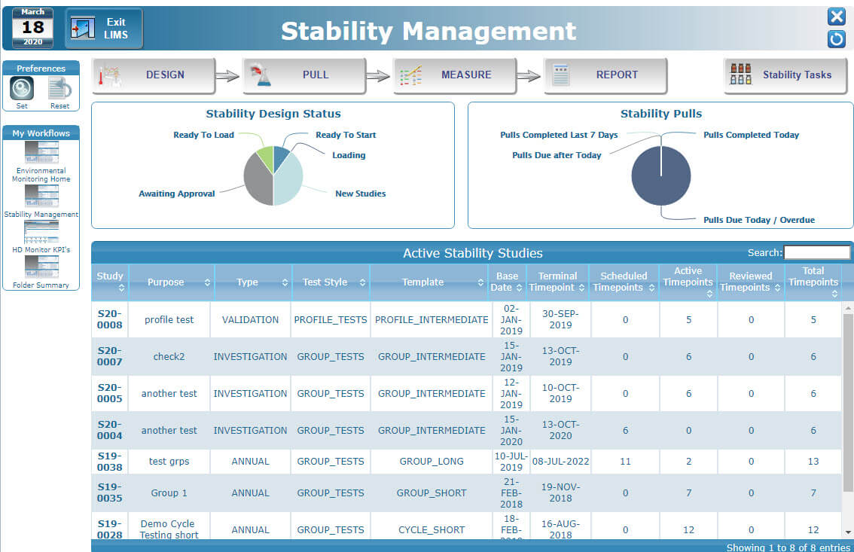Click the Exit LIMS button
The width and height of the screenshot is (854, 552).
coord(104,29)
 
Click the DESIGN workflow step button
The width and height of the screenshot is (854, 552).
coord(154,75)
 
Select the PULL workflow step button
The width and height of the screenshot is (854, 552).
coord(304,75)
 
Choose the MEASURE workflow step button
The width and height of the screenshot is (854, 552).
coord(455,75)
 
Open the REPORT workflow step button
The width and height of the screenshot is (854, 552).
coord(605,75)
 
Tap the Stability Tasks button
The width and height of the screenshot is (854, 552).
coord(785,75)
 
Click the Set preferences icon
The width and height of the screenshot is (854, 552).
coord(22,89)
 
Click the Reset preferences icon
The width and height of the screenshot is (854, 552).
coord(59,89)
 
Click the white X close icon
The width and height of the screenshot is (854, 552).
coord(836,17)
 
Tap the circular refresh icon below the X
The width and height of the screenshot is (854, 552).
coord(836,38)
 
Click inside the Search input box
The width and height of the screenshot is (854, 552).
coord(816,253)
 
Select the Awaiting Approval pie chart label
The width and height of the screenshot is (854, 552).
coord(176,194)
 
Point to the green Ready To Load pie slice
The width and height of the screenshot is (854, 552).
coord(264,160)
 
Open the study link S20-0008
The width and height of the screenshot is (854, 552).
coord(109,319)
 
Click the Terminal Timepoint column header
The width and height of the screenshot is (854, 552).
coord(557,282)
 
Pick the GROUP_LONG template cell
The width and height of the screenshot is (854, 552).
coord(431,462)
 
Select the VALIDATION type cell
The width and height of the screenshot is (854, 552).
coord(250,319)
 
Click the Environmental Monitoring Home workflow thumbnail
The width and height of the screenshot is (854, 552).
coord(41,152)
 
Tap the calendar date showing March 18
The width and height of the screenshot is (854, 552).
coord(32,28)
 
